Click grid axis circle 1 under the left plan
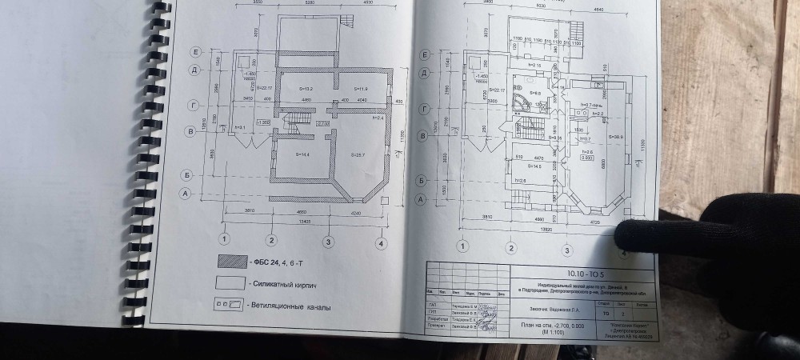point(226,238)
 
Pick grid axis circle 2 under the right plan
point(510,248)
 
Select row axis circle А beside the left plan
point(185,194)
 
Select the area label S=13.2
point(305,88)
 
